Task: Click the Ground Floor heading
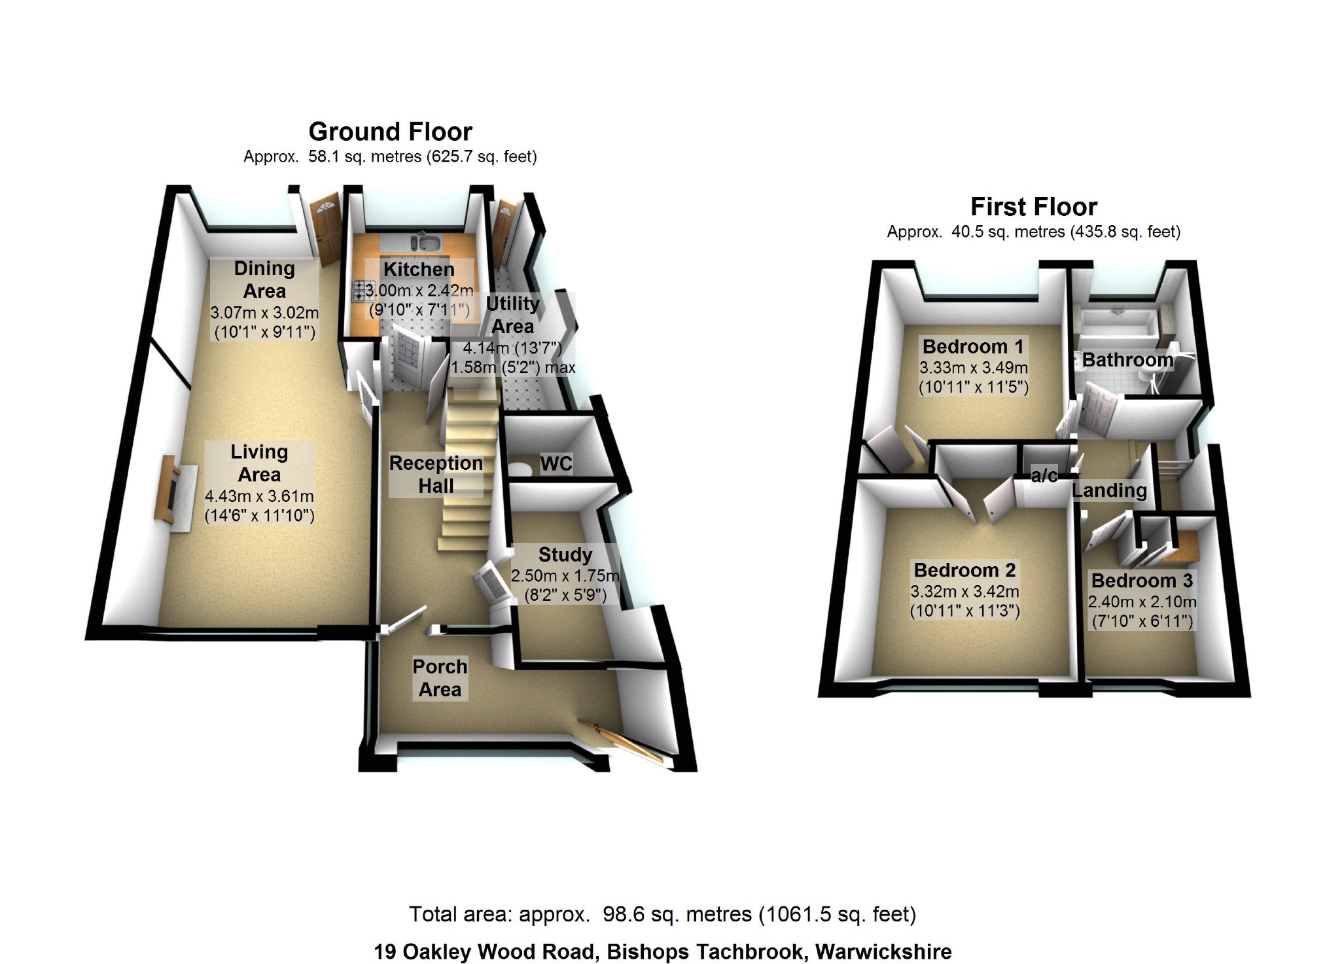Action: [x=390, y=132]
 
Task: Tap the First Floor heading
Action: [x=1033, y=207]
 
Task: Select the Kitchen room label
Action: [x=419, y=269]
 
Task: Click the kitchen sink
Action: [x=428, y=243]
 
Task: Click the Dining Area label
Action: [x=264, y=279]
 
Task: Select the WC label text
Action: [x=556, y=464]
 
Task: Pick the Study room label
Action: [x=565, y=555]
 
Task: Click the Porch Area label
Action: [x=440, y=678]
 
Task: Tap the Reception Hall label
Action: [x=436, y=474]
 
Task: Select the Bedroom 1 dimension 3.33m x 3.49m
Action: [x=974, y=368]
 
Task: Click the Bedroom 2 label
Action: [x=964, y=571]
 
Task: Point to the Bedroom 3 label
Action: [x=1142, y=580]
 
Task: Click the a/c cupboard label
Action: [x=1044, y=475]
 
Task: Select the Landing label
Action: [x=1109, y=490]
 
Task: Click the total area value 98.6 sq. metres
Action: [x=677, y=914]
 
